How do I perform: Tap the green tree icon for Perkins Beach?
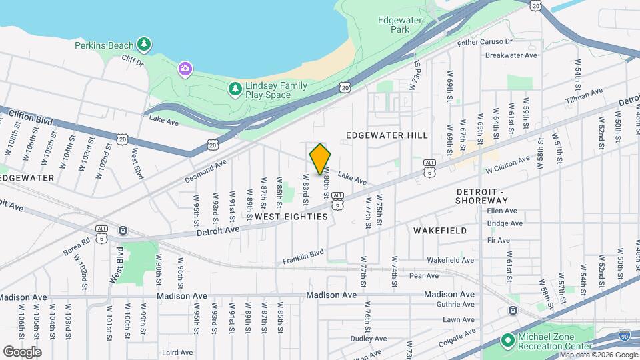coord(144,45)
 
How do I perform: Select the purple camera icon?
coord(185,68)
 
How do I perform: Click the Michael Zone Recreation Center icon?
coord(507,341)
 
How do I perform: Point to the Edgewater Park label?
coord(400,25)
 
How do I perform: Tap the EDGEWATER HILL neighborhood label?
coord(387,135)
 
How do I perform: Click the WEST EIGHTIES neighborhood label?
coord(291,217)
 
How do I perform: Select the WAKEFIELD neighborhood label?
coord(439,230)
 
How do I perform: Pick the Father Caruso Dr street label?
coord(484,42)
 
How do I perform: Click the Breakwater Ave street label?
coord(511,55)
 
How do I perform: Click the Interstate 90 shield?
coord(624,335)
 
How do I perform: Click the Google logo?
coord(22,351)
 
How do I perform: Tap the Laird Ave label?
coord(177,353)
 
